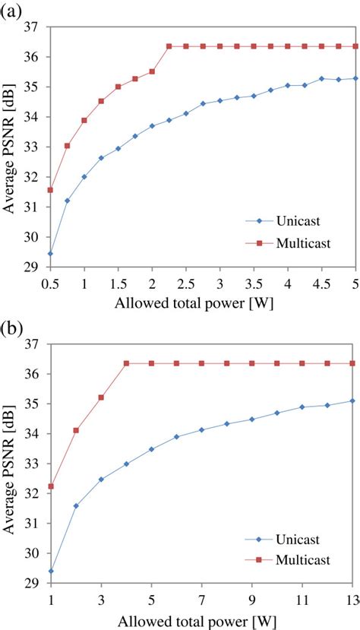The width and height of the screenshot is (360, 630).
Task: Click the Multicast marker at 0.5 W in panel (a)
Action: tap(51, 190)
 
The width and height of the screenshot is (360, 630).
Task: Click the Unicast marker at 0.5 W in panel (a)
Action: tap(51, 254)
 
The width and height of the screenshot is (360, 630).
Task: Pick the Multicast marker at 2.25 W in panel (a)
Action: tap(169, 46)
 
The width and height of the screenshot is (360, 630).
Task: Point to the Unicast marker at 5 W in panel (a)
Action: tap(355, 78)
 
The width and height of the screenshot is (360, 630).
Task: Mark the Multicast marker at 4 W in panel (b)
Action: tap(126, 363)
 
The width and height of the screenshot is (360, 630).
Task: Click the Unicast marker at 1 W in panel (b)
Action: tap(51, 571)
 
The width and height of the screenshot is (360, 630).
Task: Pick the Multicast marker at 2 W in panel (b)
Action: tap(76, 430)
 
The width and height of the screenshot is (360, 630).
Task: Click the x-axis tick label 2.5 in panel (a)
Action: tap(185, 283)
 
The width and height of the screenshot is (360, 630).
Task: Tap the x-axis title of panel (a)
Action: tap(201, 303)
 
